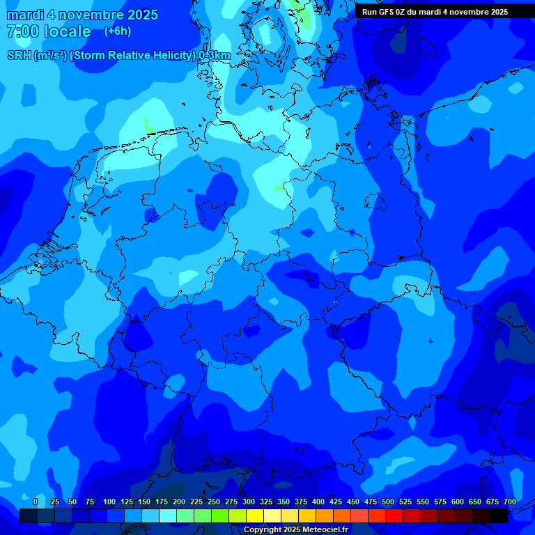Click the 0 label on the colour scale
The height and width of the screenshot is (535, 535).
tap(36, 502)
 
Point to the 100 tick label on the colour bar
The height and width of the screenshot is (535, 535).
tap(109, 502)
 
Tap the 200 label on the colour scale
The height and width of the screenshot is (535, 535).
tap(179, 502)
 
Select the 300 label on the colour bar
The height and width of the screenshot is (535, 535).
tap(249, 502)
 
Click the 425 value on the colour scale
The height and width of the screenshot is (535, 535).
tap(336, 502)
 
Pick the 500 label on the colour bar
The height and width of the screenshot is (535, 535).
tap(388, 502)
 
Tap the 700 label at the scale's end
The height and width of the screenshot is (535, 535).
tap(510, 502)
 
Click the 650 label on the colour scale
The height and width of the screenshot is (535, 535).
tap(475, 502)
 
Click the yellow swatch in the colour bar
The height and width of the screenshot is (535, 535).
tap(255, 515)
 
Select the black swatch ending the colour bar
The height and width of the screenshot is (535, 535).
tap(499, 515)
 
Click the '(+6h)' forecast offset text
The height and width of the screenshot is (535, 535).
tap(117, 31)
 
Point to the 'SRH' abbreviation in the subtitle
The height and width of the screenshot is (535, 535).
tap(19, 56)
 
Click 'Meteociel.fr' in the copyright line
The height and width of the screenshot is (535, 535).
tap(325, 530)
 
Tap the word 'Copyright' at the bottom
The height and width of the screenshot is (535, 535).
tap(263, 530)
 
